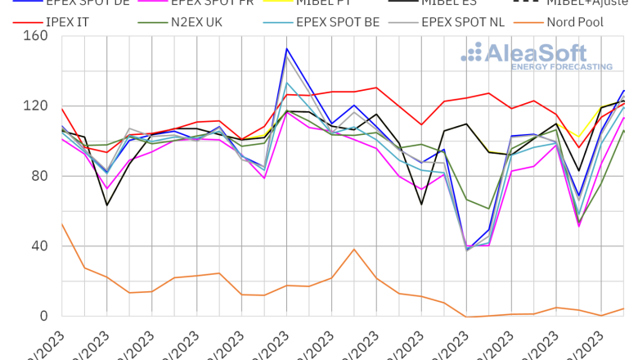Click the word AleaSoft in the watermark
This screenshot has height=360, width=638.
click(x=548, y=53)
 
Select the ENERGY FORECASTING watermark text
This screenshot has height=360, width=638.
click(x=561, y=66)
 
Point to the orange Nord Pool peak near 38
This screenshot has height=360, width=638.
click(x=354, y=249)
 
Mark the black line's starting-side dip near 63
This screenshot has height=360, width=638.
click(x=107, y=205)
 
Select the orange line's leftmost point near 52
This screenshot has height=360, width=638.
click(x=62, y=224)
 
